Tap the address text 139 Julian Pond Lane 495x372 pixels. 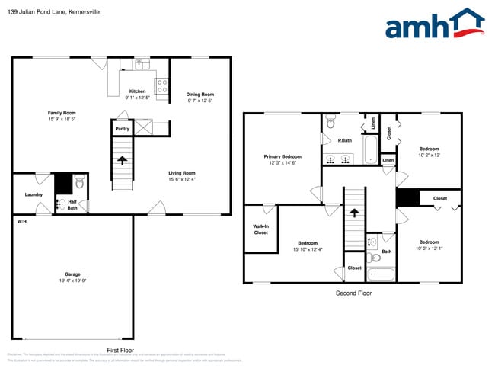pyautogui.click(x=44, y=12)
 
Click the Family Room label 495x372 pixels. pyautogui.click(x=62, y=113)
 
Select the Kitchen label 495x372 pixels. pyautogui.click(x=137, y=91)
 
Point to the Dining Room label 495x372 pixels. pyautogui.click(x=200, y=95)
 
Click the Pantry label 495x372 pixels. pyautogui.click(x=122, y=129)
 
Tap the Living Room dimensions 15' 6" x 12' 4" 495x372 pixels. pyautogui.click(x=182, y=179)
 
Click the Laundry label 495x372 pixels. pyautogui.click(x=34, y=194)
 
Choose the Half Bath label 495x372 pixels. pyautogui.click(x=72, y=204)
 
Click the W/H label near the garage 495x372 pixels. pyautogui.click(x=22, y=221)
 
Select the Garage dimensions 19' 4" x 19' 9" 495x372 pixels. pyautogui.click(x=72, y=281)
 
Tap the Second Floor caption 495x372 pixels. pyautogui.click(x=353, y=293)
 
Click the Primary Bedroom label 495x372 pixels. pyautogui.click(x=283, y=156)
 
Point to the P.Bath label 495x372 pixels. pyautogui.click(x=344, y=140)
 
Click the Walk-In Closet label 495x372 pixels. pyautogui.click(x=260, y=229)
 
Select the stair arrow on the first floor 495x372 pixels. pyautogui.click(x=122, y=161)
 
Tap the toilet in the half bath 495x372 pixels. pyautogui.click(x=79, y=184)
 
